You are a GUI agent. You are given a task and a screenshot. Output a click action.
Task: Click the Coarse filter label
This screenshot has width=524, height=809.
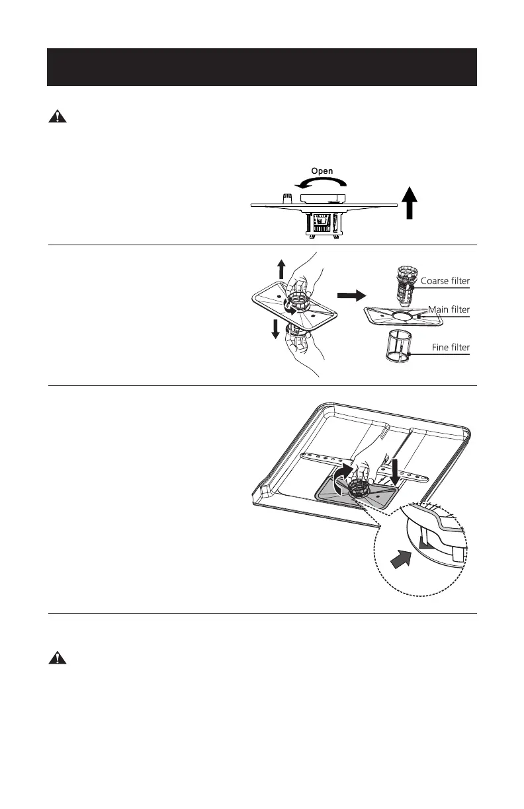pyautogui.click(x=445, y=281)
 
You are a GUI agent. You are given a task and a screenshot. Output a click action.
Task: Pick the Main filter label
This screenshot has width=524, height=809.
pyautogui.click(x=449, y=309)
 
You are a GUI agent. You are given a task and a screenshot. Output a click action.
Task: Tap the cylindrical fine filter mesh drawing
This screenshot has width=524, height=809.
pyautogui.click(x=399, y=344)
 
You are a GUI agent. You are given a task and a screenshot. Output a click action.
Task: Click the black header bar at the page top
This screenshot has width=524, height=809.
pyautogui.click(x=262, y=67)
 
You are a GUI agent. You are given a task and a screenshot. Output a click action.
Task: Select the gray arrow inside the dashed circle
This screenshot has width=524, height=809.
pyautogui.click(x=401, y=560)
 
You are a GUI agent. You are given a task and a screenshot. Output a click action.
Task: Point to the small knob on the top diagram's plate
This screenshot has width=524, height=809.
pyautogui.click(x=288, y=198)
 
